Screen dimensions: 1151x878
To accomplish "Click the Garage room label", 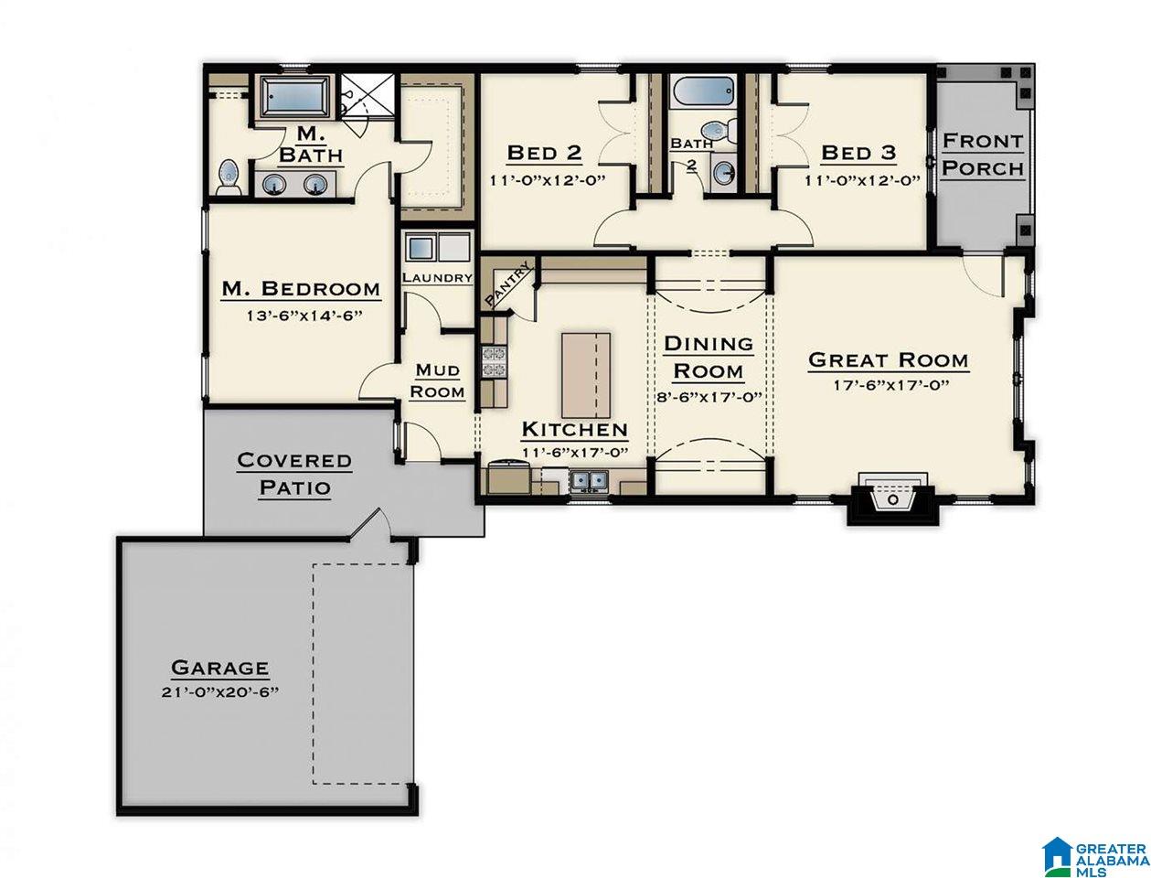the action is pos(219,667).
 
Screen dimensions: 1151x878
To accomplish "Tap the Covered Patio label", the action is pos(294,473).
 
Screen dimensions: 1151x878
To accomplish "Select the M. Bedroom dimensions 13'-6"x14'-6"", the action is pos(304,316).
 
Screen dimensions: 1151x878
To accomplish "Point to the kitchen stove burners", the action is pos(494,361).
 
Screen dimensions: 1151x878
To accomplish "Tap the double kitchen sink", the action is pos(589,480).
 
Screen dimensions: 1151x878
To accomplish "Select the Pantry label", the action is pos(507,286).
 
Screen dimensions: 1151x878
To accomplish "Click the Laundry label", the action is pos(437,278).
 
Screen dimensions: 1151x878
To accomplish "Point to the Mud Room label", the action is pos(437,380).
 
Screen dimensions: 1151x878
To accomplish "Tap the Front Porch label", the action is pos(983,155).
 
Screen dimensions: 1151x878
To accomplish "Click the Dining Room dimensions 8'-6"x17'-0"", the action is pos(709,397).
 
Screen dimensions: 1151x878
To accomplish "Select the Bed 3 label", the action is pos(858,153).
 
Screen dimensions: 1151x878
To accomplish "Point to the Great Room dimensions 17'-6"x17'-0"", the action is pos(891,386).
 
